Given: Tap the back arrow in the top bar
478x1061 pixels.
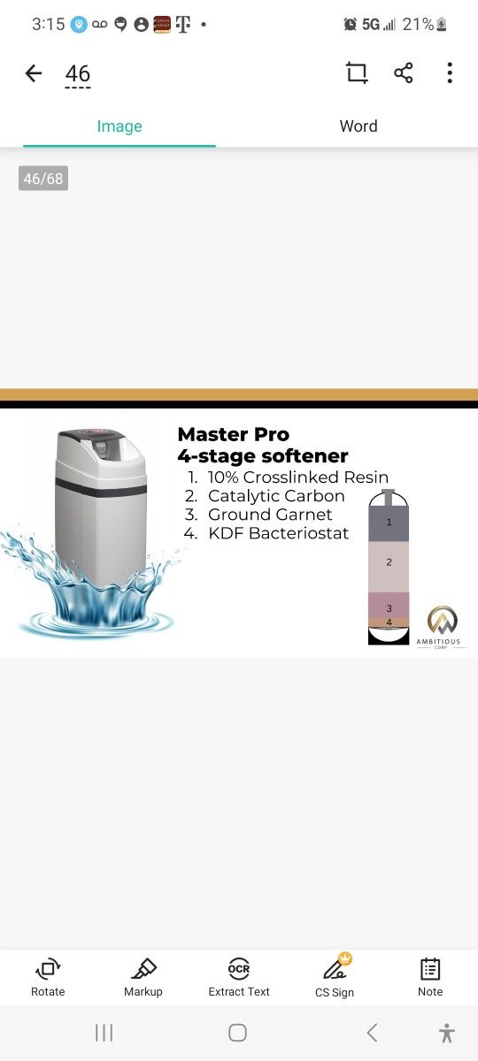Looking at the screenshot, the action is (x=34, y=73).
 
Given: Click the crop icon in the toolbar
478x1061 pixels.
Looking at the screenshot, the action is (x=357, y=73).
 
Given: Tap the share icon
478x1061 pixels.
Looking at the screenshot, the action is (x=403, y=73).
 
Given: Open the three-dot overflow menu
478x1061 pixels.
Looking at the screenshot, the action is (x=450, y=73).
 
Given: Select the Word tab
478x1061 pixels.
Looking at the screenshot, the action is (x=358, y=126).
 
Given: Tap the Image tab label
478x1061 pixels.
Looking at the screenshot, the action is (x=119, y=126).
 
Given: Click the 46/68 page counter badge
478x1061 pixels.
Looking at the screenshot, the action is (x=43, y=178).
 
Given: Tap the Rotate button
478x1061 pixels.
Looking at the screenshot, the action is (x=48, y=977).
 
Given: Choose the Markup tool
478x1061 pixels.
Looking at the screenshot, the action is (x=143, y=977).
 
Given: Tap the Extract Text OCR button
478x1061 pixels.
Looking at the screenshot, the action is (x=239, y=977).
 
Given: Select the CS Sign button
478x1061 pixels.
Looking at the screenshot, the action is (x=335, y=977).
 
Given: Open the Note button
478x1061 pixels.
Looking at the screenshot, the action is (x=430, y=977).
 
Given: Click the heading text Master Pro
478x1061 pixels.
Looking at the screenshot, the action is (x=234, y=434).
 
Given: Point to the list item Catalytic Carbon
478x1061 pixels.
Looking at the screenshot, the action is (x=276, y=496).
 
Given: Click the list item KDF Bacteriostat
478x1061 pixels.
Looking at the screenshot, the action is (x=278, y=533).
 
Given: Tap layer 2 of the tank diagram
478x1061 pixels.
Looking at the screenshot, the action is (x=389, y=567).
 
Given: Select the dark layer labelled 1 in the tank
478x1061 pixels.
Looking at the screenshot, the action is (x=389, y=524).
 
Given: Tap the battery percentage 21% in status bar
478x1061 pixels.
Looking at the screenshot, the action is (x=418, y=24).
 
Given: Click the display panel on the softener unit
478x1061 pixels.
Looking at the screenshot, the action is (x=101, y=448).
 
